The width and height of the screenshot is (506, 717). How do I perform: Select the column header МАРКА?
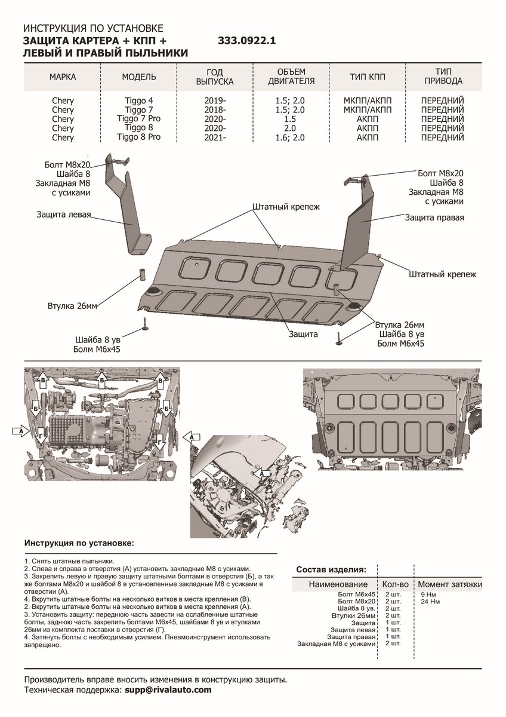click(63, 77)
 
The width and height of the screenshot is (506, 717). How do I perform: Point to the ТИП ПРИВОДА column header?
click(442, 76)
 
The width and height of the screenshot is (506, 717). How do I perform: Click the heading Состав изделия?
click(331, 569)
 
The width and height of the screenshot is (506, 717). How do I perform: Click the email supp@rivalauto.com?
click(168, 690)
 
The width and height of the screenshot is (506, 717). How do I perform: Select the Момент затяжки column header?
click(449, 584)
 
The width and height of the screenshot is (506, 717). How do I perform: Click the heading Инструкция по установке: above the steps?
click(79, 544)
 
